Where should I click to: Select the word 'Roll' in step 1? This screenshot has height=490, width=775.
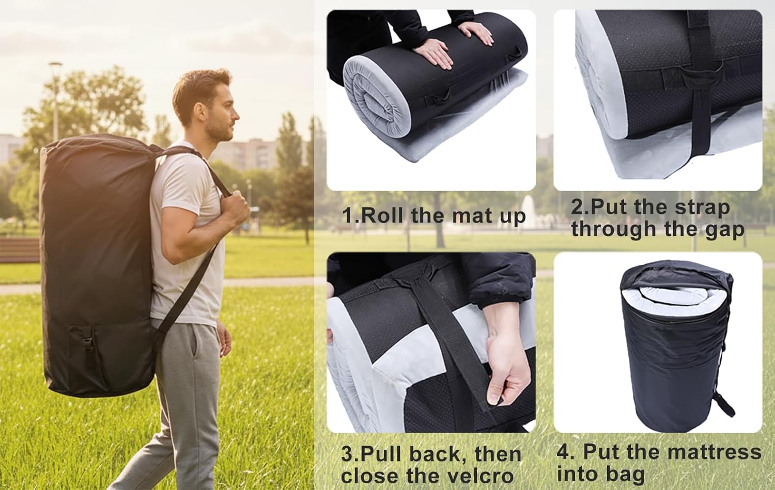click(382, 216)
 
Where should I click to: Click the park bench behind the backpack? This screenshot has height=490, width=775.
click(20, 250)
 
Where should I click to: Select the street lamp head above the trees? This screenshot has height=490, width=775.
click(55, 65)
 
